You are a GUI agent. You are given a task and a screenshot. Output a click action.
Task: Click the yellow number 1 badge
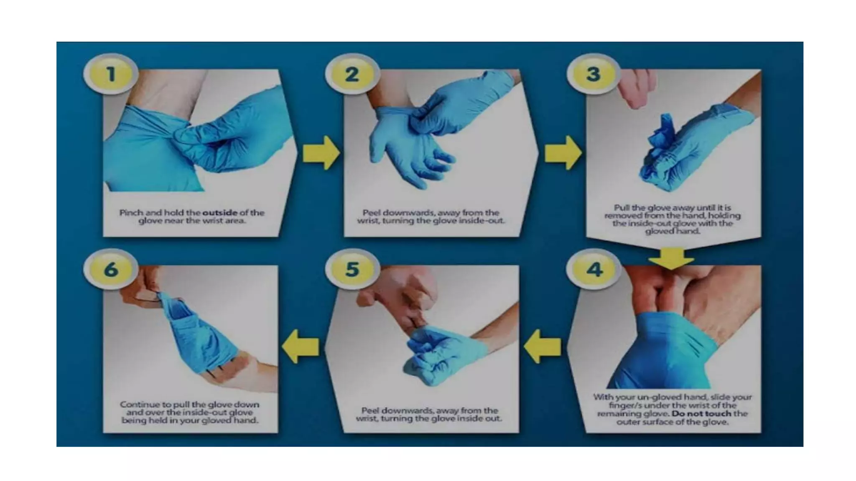click(x=111, y=74)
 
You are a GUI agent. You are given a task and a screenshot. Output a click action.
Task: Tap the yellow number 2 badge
click(x=352, y=74)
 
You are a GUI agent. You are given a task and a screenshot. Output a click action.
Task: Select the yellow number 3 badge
click(x=594, y=74)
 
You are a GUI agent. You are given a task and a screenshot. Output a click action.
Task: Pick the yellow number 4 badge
click(x=594, y=269)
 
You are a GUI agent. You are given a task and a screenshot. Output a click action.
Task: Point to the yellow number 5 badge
click(x=352, y=269)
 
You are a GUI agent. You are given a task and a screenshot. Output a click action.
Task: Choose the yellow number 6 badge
click(x=111, y=269)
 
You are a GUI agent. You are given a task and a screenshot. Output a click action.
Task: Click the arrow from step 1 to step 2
click(x=321, y=153)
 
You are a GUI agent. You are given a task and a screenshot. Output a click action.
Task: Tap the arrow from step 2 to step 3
click(x=563, y=153)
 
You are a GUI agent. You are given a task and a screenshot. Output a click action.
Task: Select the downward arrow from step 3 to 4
click(x=671, y=258)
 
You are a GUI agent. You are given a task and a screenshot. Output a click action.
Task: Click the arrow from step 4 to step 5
click(x=543, y=346)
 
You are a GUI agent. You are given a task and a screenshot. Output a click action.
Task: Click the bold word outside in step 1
click(x=220, y=213)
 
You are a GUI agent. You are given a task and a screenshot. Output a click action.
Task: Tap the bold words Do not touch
click(x=701, y=413)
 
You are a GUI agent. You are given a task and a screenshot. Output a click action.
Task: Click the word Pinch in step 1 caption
click(x=131, y=213)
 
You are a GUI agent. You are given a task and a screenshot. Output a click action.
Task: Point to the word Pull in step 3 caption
click(x=622, y=208)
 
